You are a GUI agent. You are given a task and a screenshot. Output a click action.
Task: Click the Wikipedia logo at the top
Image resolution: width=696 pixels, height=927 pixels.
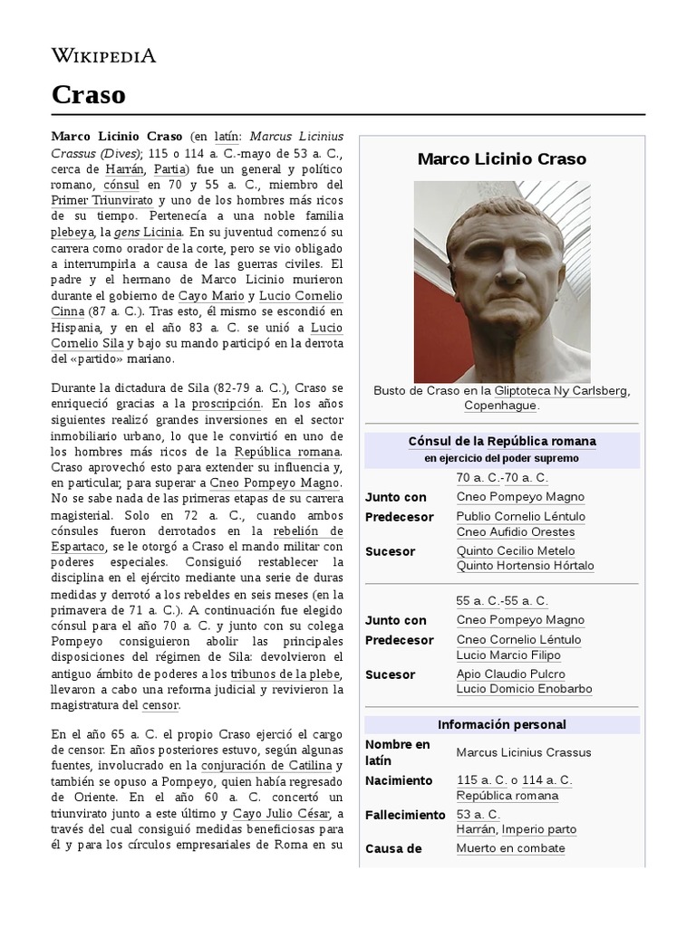[x=103, y=56]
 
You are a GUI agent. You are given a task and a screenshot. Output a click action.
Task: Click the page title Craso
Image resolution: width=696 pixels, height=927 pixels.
[x=88, y=94]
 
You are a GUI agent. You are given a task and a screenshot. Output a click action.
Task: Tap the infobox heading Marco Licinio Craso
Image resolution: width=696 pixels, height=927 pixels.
[x=501, y=159]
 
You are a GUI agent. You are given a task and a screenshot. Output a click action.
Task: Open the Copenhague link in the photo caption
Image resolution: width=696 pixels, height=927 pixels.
[x=501, y=406]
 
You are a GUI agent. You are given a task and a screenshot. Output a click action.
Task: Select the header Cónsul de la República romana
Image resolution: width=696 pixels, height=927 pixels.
[x=501, y=442]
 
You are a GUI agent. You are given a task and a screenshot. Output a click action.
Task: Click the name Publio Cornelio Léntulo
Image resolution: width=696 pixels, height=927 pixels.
[x=520, y=517]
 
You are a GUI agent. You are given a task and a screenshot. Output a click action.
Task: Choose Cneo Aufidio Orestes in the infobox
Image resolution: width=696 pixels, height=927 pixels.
[x=515, y=532]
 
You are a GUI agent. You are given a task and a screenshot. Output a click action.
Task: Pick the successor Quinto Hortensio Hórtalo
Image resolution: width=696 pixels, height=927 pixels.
[x=525, y=566]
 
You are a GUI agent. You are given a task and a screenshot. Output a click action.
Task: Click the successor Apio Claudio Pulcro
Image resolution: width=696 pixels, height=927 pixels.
[x=510, y=674]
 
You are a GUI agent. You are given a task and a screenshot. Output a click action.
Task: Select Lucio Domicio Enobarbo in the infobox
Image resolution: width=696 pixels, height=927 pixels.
[x=524, y=689]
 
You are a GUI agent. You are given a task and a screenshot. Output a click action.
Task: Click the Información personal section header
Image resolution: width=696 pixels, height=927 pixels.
[x=501, y=725]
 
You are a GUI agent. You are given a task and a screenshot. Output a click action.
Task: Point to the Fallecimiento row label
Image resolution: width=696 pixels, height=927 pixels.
[x=405, y=816]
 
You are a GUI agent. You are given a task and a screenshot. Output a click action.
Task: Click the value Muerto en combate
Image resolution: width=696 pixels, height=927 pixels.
[x=510, y=848]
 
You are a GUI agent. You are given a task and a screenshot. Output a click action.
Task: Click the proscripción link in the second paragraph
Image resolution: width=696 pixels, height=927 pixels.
[x=227, y=403]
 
